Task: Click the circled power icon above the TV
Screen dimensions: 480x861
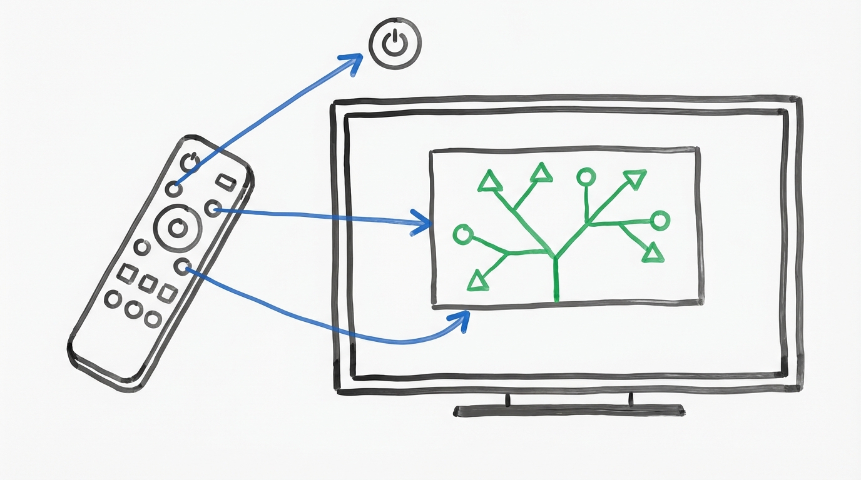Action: (395, 43)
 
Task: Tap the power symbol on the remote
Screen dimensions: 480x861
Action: (190, 162)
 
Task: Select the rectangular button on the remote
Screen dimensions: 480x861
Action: (225, 181)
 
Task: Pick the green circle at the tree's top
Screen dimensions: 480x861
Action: (586, 177)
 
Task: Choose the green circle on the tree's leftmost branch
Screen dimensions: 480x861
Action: (462, 235)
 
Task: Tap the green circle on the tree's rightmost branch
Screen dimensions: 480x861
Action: (660, 220)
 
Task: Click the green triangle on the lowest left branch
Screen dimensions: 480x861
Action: (477, 281)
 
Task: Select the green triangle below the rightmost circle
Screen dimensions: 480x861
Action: (653, 253)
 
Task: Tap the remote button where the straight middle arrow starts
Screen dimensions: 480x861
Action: (213, 208)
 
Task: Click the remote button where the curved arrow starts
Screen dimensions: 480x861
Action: (182, 267)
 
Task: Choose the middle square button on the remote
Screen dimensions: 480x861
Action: (148, 283)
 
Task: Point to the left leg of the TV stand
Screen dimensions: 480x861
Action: (507, 400)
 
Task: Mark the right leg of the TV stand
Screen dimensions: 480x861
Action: (631, 399)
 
